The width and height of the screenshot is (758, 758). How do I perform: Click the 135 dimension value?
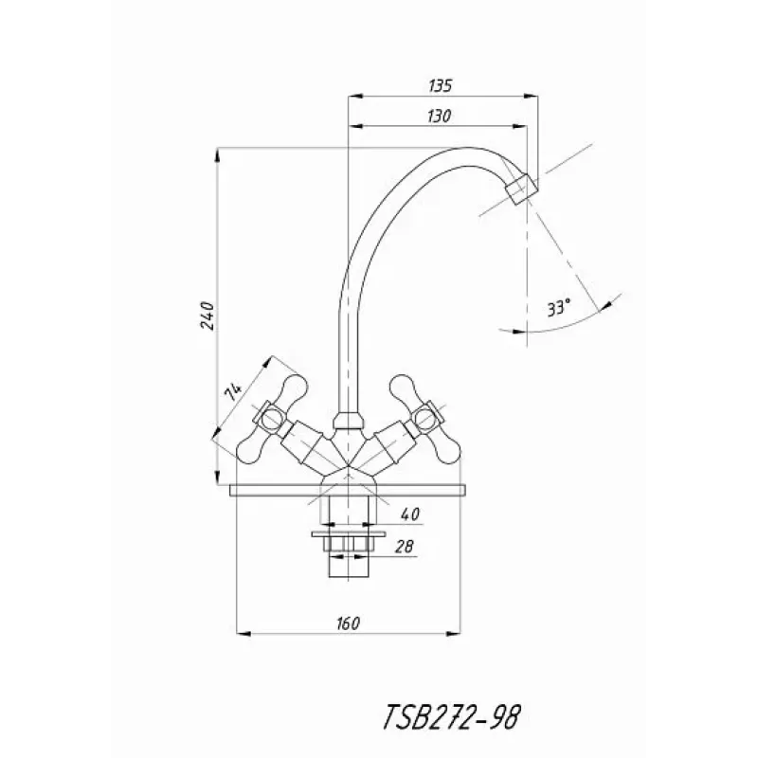pyautogui.click(x=440, y=85)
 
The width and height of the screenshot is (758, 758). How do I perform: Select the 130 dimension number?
pyautogui.click(x=440, y=116)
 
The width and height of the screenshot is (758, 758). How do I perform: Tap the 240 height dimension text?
pyautogui.click(x=208, y=316)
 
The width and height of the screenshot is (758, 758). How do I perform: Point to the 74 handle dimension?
pyautogui.click(x=232, y=390)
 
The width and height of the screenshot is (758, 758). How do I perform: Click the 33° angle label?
pyautogui.click(x=559, y=307)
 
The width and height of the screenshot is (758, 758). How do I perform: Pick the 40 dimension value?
pyautogui.click(x=410, y=514)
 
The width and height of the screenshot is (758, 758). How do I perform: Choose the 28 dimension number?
pyautogui.click(x=405, y=547)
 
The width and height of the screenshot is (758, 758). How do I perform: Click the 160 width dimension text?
pyautogui.click(x=348, y=623)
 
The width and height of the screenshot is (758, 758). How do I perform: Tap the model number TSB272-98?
pyautogui.click(x=452, y=716)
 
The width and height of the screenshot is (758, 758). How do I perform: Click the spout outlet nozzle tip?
pyautogui.click(x=521, y=189)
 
